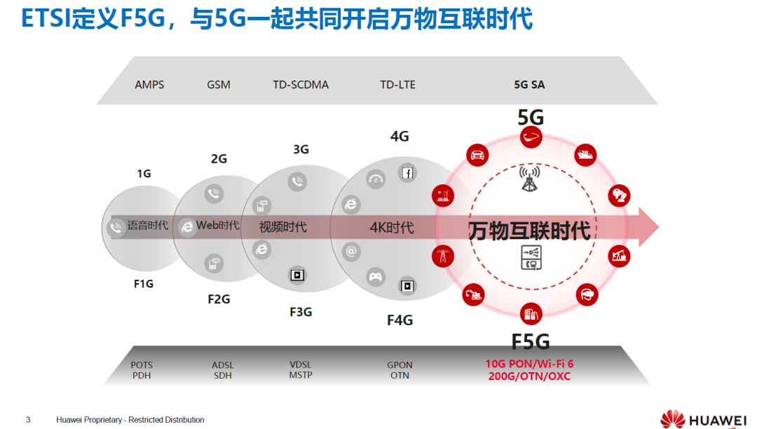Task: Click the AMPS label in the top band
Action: click(x=149, y=85)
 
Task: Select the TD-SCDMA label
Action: click(x=301, y=85)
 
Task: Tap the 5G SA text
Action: click(x=529, y=85)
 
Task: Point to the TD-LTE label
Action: click(x=397, y=85)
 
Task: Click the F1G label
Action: click(x=144, y=284)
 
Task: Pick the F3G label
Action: click(x=301, y=312)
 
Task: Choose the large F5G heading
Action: click(x=531, y=341)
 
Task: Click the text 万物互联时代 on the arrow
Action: click(x=529, y=229)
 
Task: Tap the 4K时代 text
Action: click(x=392, y=228)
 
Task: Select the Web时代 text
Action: click(x=217, y=226)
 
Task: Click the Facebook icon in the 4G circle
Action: click(x=407, y=172)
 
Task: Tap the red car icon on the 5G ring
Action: click(x=478, y=155)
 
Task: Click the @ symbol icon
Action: click(x=351, y=250)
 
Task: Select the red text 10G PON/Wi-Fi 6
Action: click(x=529, y=365)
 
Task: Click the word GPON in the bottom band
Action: click(x=400, y=365)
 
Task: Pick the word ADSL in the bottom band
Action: click(x=223, y=365)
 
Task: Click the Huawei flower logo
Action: click(x=673, y=419)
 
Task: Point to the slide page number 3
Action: click(x=28, y=420)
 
